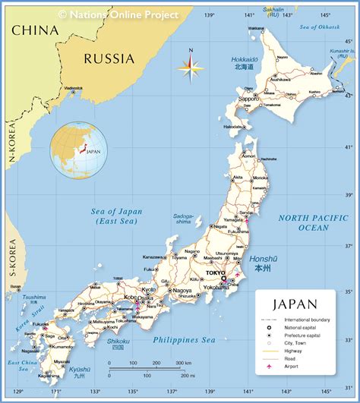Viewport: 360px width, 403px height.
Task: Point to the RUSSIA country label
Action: tap(109, 58)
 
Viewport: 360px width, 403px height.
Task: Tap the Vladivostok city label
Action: tap(74, 88)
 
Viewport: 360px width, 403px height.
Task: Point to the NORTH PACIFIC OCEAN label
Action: tap(313, 222)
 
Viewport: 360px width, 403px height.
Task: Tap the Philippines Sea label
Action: tap(185, 341)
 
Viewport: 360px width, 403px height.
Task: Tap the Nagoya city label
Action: tap(181, 291)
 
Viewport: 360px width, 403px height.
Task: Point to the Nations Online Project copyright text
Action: tap(118, 14)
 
